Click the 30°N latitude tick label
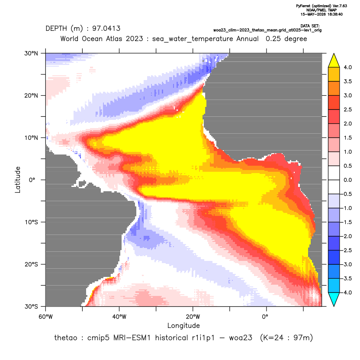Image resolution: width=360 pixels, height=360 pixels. click(31, 53)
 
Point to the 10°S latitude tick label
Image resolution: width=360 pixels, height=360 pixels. click(32, 222)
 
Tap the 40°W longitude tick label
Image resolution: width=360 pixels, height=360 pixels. click(119, 317)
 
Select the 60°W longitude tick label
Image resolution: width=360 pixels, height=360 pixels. click(46, 317)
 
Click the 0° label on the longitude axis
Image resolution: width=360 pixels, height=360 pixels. click(265, 317)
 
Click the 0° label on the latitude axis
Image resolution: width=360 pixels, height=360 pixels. click(32, 180)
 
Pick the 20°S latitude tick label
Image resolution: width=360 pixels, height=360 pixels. click(32, 264)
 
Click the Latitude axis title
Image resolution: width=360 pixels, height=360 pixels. click(18, 180)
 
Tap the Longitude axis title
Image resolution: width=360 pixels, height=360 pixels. click(183, 325)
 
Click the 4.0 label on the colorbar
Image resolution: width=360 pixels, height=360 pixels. click(347, 67)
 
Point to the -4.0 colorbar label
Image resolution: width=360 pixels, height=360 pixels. click(347, 292)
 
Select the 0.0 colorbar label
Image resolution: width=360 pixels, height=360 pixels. click(347, 180)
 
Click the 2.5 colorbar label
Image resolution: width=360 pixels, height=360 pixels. click(347, 109)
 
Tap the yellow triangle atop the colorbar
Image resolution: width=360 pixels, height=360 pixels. click(334, 61)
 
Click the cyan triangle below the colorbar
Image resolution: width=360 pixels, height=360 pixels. click(334, 299)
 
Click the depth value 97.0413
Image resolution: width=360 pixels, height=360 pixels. click(106, 29)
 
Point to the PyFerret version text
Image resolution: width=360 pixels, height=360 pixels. click(321, 6)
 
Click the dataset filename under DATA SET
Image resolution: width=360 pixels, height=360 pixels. click(267, 30)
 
